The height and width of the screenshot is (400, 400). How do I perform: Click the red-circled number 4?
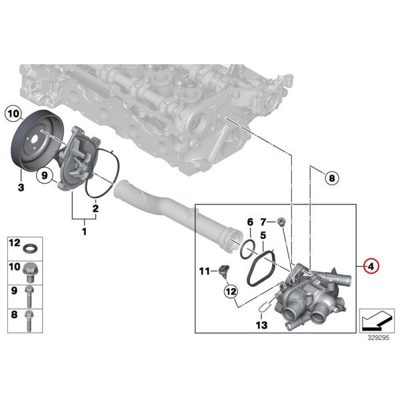(x=372, y=266)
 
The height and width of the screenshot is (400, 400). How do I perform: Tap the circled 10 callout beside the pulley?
(x=13, y=114)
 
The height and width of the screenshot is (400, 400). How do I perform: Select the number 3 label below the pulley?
(x=21, y=189)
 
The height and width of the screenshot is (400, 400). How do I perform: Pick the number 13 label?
(x=261, y=325)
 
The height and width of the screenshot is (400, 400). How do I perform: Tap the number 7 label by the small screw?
(x=263, y=221)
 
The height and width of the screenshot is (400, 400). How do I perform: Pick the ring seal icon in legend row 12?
(x=30, y=249)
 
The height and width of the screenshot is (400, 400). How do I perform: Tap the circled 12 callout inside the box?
(x=231, y=291)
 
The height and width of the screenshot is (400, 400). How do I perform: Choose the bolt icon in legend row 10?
(x=30, y=270)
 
